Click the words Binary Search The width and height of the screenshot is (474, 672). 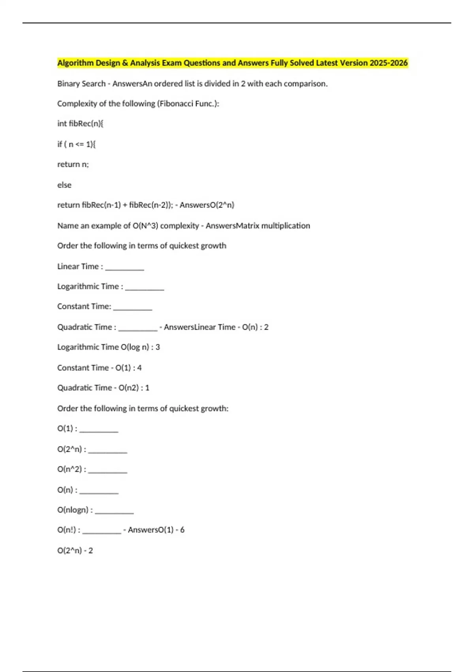click(81, 84)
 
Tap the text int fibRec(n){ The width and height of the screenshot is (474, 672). click(80, 124)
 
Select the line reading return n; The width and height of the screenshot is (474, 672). click(73, 164)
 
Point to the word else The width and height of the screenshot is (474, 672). click(64, 185)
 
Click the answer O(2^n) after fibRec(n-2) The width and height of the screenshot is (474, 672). click(218, 205)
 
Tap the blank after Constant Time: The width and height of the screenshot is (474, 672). click(132, 308)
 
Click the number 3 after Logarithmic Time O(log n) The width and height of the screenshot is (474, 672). click(158, 347)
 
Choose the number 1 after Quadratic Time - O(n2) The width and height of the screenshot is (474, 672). click(147, 388)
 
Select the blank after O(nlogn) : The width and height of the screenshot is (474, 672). click(114, 512)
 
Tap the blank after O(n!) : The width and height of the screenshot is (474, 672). click(102, 532)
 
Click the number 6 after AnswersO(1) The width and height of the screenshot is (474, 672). click(182, 530)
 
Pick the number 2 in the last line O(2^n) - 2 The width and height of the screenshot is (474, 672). click(90, 551)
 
